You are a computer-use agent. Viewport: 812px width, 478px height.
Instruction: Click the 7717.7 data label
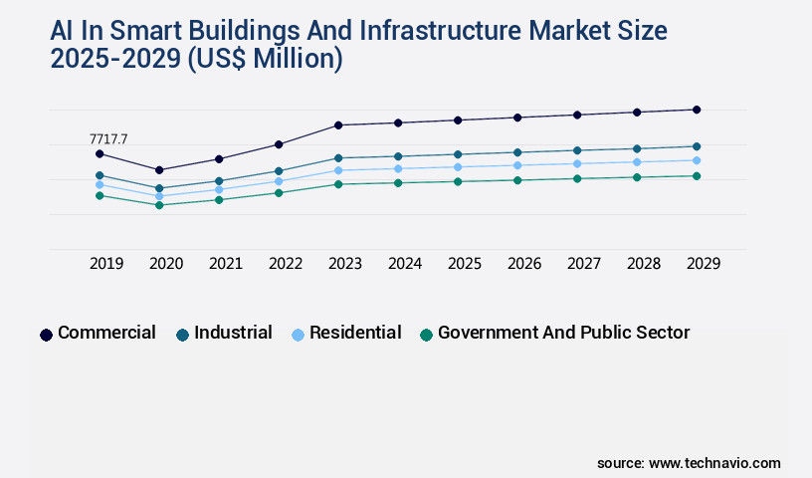pos(108,138)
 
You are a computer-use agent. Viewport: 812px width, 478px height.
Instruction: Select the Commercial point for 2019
pos(100,154)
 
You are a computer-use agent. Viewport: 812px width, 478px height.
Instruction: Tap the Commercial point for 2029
pos(697,110)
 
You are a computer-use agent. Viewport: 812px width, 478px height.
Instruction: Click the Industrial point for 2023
pos(338,158)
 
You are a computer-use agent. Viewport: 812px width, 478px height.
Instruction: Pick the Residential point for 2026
pos(517,165)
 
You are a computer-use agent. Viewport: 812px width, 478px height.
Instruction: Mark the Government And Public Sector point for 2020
pos(159,205)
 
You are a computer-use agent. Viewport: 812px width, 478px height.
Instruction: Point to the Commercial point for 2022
pos(279,144)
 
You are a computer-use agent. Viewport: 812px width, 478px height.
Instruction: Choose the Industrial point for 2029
pos(697,146)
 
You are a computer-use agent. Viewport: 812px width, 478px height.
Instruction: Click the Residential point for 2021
pos(219,189)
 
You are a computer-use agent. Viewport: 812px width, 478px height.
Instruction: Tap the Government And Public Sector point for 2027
pos(577,179)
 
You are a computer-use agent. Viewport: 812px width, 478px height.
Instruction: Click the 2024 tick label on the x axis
pos(405,264)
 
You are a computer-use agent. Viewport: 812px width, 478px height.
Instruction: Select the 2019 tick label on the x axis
pos(106,264)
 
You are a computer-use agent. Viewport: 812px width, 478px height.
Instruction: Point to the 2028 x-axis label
pos(644,264)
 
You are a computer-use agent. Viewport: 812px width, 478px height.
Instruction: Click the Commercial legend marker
pos(46,335)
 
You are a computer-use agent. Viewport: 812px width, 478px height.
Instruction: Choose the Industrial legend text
pos(233,333)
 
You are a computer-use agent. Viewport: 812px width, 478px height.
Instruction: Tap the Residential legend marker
pos(298,335)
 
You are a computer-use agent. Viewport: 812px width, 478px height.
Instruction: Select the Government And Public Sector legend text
pos(563,333)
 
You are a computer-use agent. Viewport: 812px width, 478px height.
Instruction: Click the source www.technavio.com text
pos(689,463)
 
